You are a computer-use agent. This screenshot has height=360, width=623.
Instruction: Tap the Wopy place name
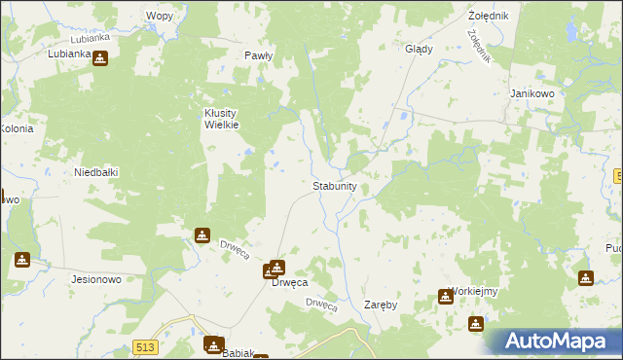[159, 16]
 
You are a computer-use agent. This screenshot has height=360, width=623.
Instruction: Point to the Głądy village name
[419, 49]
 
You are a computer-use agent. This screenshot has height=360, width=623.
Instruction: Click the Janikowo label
[531, 93]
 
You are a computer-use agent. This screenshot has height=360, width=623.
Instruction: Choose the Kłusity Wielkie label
[221, 118]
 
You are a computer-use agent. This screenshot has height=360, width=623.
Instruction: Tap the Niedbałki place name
[96, 172]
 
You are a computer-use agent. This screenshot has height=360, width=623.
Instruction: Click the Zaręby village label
[381, 305]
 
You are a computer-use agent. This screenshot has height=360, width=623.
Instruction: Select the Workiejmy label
[474, 291]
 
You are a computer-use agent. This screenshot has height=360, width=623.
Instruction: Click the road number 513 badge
[147, 347]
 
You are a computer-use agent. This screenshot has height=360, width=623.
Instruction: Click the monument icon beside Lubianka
[99, 58]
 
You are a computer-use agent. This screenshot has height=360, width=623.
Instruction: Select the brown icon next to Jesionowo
[22, 260]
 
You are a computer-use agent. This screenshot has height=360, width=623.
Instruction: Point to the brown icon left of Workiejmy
[445, 296]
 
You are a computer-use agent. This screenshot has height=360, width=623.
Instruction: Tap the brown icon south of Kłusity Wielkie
[202, 234]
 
